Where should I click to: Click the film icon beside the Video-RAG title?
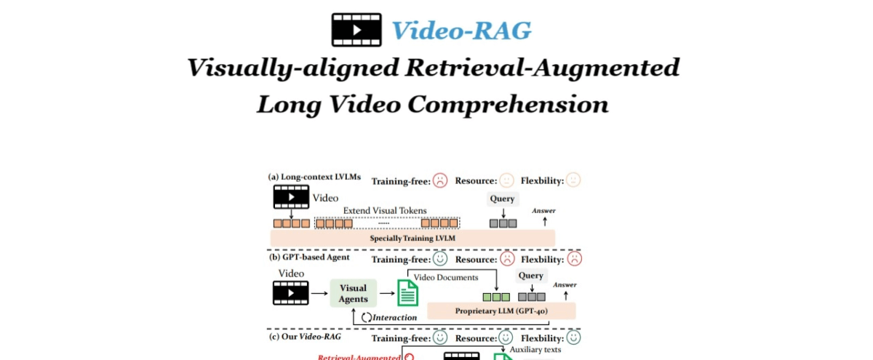[356, 29]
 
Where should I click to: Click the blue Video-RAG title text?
[461, 30]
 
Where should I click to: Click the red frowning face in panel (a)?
[439, 180]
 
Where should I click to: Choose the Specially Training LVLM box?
[412, 238]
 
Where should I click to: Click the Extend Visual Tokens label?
[385, 211]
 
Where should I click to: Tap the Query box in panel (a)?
[502, 199]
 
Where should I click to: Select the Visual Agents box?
[353, 293]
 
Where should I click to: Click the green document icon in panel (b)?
[407, 293]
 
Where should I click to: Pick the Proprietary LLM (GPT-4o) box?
[501, 311]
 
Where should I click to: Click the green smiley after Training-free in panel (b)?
[439, 259]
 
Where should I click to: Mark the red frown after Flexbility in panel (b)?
[575, 259]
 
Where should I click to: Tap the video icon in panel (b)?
[290, 293]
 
